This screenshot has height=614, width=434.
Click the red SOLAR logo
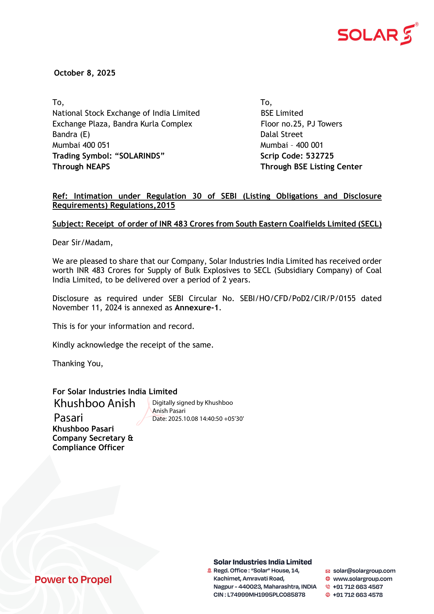tap(377, 35)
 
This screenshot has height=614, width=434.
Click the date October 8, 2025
tap(85, 73)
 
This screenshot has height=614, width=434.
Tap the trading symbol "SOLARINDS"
tap(140, 156)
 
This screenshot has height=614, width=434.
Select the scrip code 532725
tap(320, 156)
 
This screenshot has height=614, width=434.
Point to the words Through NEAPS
tap(81, 166)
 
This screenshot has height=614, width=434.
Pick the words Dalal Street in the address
tap(281, 134)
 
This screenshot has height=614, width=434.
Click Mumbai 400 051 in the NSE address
tap(81, 145)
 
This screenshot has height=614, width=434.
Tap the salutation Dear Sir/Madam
tap(82, 242)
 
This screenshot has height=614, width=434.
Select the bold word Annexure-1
tap(197, 308)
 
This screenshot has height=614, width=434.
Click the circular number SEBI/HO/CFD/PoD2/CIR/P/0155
tap(298, 298)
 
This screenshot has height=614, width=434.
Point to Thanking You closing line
tap(77, 363)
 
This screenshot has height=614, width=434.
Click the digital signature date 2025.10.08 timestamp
tap(198, 418)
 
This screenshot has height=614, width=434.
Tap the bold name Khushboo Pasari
tap(83, 429)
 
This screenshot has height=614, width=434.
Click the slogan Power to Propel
tap(73, 580)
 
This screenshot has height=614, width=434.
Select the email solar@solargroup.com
tap(364, 571)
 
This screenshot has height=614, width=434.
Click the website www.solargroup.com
tap(362, 579)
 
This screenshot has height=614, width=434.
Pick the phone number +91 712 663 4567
tap(358, 587)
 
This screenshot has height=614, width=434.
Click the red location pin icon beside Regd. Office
tap(209, 571)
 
